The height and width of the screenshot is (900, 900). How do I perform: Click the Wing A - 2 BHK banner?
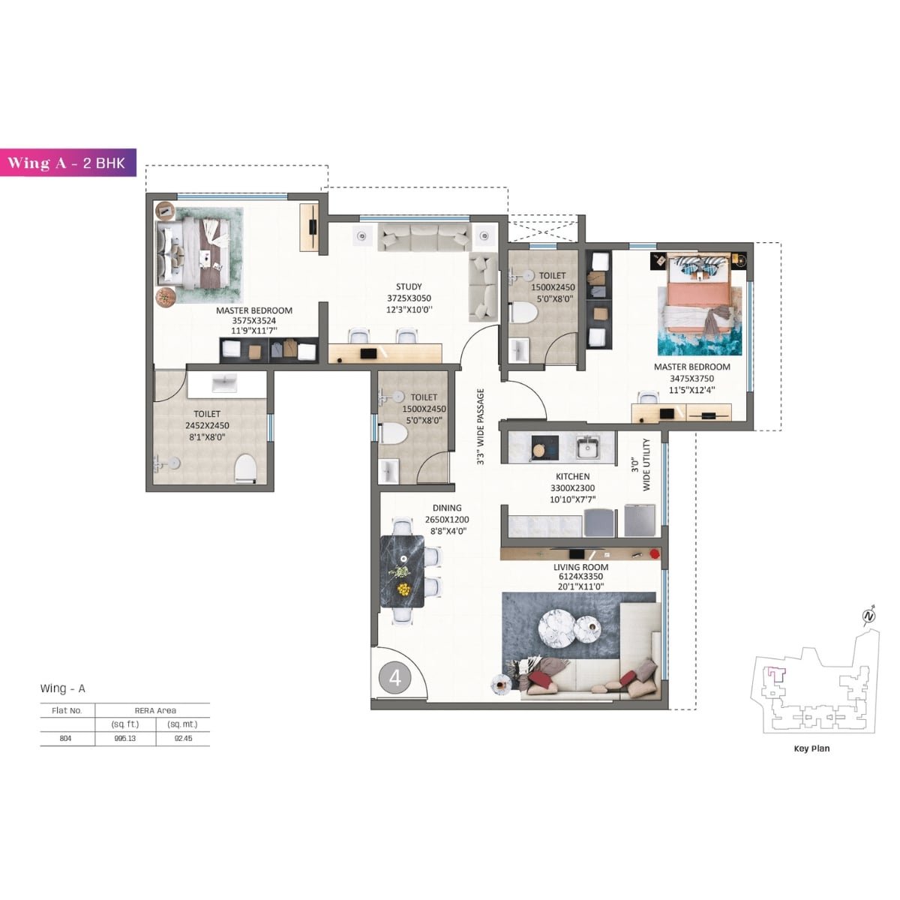[x=71, y=163]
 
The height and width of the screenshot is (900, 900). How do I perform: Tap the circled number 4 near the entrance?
[x=395, y=678]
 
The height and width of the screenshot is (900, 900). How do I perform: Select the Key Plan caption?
[x=811, y=748]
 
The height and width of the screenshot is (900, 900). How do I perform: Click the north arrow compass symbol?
[x=869, y=616]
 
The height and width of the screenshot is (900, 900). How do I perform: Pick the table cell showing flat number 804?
[x=66, y=738]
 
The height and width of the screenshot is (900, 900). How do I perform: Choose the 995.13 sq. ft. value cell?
[x=125, y=738]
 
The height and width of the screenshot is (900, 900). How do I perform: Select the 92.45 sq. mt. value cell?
[x=182, y=738]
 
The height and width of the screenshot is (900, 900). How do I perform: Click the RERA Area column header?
[x=155, y=710]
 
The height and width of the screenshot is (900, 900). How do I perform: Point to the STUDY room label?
[x=409, y=286]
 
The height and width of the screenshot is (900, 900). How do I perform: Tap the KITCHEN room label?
[x=572, y=476]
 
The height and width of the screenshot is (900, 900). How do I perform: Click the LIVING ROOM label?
[x=580, y=567]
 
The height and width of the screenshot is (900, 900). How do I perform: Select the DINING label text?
[x=447, y=508]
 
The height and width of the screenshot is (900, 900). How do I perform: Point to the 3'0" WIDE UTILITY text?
[x=641, y=465]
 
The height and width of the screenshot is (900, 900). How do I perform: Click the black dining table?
[x=403, y=571]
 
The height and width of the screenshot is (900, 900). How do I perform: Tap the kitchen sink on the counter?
[x=586, y=448]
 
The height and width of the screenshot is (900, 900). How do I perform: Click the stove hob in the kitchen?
[x=542, y=448]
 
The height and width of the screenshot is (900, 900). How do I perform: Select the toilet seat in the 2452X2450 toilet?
[x=245, y=468]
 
